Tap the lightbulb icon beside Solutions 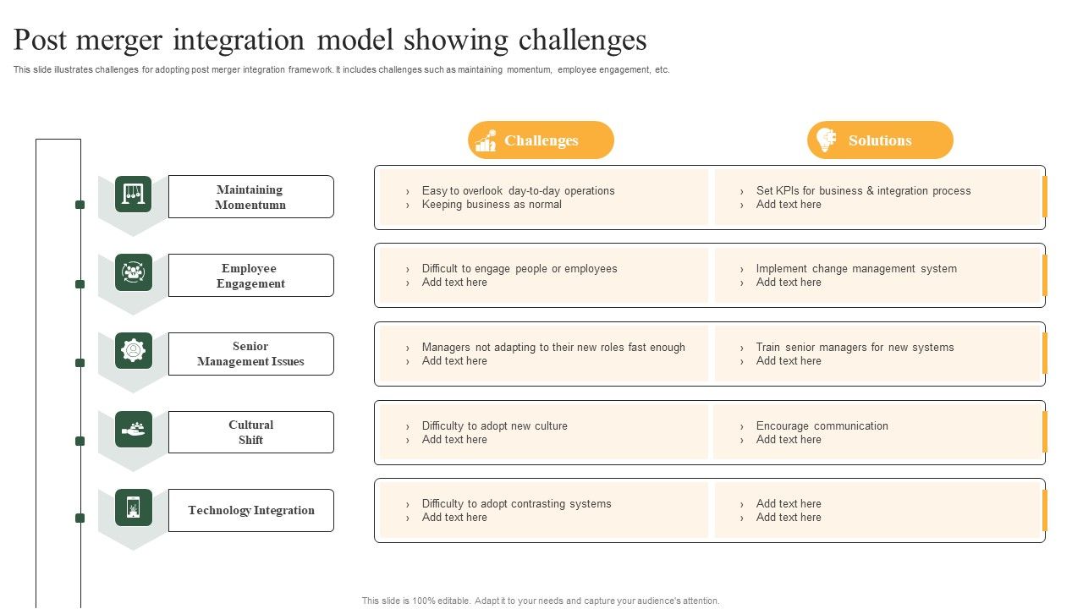pos(824,140)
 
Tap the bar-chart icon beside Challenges pos(486,141)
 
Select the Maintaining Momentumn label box pos(250,197)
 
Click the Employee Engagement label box pos(250,276)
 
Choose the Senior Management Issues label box pos(250,354)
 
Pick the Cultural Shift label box pos(250,432)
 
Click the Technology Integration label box pos(250,510)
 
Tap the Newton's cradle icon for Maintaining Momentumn pos(134,194)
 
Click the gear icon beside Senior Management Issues pos(134,350)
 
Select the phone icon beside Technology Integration pos(134,507)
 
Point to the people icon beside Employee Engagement pos(134,272)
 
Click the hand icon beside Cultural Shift pos(134,429)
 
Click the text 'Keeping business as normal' pos(492,205)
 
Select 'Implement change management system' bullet pos(856,269)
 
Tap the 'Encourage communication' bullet pos(822,426)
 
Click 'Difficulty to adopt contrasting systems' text pos(516,504)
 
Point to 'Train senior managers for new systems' pos(855,348)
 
